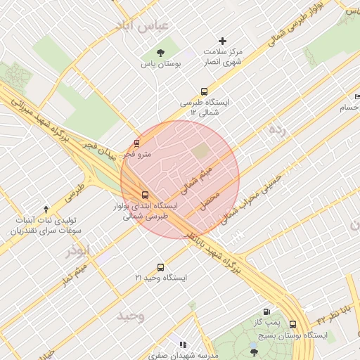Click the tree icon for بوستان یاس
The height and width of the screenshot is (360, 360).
[161, 53]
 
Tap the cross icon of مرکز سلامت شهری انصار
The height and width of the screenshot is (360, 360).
[224, 41]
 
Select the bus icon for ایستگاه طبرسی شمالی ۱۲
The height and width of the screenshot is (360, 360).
[204, 91]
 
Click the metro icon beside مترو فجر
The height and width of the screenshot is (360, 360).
[137, 143]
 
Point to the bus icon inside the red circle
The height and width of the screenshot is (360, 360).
[146, 194]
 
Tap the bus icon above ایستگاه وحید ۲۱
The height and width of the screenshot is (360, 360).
[161, 267]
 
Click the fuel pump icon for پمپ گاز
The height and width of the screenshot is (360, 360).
[266, 311]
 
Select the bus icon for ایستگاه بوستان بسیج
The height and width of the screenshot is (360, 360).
[293, 324]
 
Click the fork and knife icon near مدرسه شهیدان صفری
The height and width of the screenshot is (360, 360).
[183, 345]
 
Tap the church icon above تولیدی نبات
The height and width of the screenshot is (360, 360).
[46, 209]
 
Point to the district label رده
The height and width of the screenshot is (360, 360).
[276, 130]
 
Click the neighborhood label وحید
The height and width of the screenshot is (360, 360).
[131, 316]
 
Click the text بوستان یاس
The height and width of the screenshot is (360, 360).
[167, 63]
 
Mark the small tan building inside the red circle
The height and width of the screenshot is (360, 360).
[202, 150]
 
